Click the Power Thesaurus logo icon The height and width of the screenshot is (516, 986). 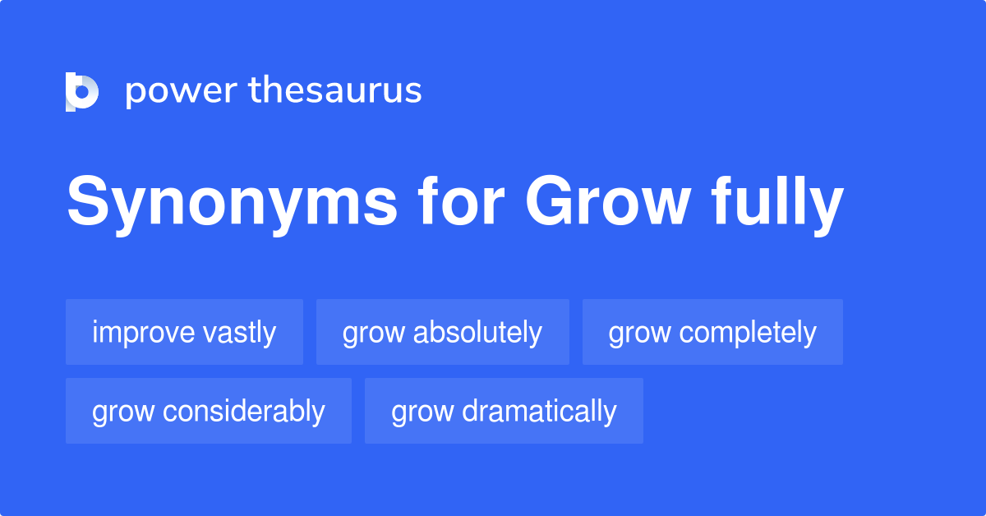click(82, 91)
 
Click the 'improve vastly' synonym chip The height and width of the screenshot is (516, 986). click(184, 333)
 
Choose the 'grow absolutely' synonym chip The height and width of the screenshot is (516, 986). click(442, 333)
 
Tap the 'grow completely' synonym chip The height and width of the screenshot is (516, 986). click(712, 333)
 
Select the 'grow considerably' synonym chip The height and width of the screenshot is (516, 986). click(209, 411)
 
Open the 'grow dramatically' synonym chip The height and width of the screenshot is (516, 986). click(504, 411)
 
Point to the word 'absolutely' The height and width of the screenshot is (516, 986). click(477, 333)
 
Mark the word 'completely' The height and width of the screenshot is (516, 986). click(748, 333)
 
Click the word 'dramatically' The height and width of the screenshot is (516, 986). click(539, 411)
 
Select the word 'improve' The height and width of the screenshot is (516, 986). click(143, 333)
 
